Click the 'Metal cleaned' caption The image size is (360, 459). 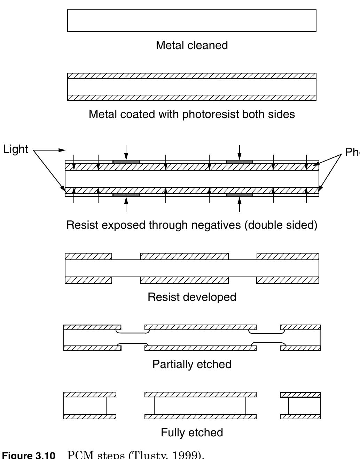click(x=192, y=45)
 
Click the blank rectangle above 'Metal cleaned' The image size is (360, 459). click(x=192, y=21)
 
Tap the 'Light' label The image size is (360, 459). click(x=16, y=149)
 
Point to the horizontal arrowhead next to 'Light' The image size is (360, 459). click(x=62, y=150)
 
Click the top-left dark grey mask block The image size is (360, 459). click(x=126, y=162)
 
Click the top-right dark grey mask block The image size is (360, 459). click(x=240, y=162)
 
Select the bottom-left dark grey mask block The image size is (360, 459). click(x=126, y=195)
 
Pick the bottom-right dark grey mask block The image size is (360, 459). click(x=240, y=195)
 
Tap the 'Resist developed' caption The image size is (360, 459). click(x=192, y=297)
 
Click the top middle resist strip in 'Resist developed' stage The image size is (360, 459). click(x=184, y=256)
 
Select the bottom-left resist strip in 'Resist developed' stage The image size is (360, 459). click(x=88, y=280)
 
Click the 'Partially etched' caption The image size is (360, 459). click(x=192, y=364)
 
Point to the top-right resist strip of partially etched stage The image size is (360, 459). click(x=300, y=327)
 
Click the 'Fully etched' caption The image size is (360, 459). click(x=192, y=433)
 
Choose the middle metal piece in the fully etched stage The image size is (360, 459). click(x=200, y=406)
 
